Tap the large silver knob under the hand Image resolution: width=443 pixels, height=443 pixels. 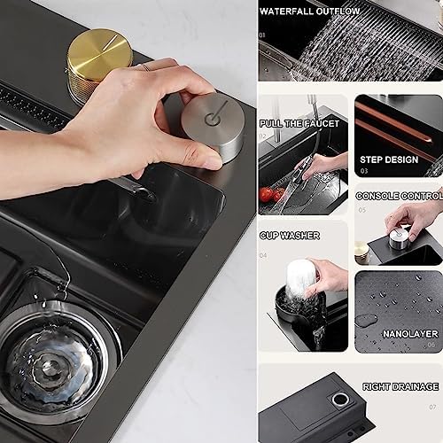(215, 127)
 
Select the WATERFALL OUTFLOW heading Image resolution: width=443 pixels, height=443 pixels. (309, 12)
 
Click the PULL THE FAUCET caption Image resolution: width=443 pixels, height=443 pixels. (299, 123)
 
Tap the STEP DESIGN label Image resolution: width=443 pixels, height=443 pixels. (389, 159)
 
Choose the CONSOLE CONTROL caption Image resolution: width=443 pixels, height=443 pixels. (400, 196)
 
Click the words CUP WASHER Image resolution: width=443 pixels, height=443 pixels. (290, 236)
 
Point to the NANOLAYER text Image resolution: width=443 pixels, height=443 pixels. (410, 334)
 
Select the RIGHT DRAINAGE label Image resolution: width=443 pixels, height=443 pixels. (400, 386)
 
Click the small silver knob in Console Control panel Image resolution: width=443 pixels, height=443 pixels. (399, 237)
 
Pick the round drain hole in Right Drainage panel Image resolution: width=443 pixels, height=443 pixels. (340, 400)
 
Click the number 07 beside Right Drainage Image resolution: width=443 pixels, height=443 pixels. (432, 408)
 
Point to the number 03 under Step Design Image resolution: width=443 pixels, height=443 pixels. (364, 171)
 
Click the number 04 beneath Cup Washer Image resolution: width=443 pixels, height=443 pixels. (263, 255)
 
